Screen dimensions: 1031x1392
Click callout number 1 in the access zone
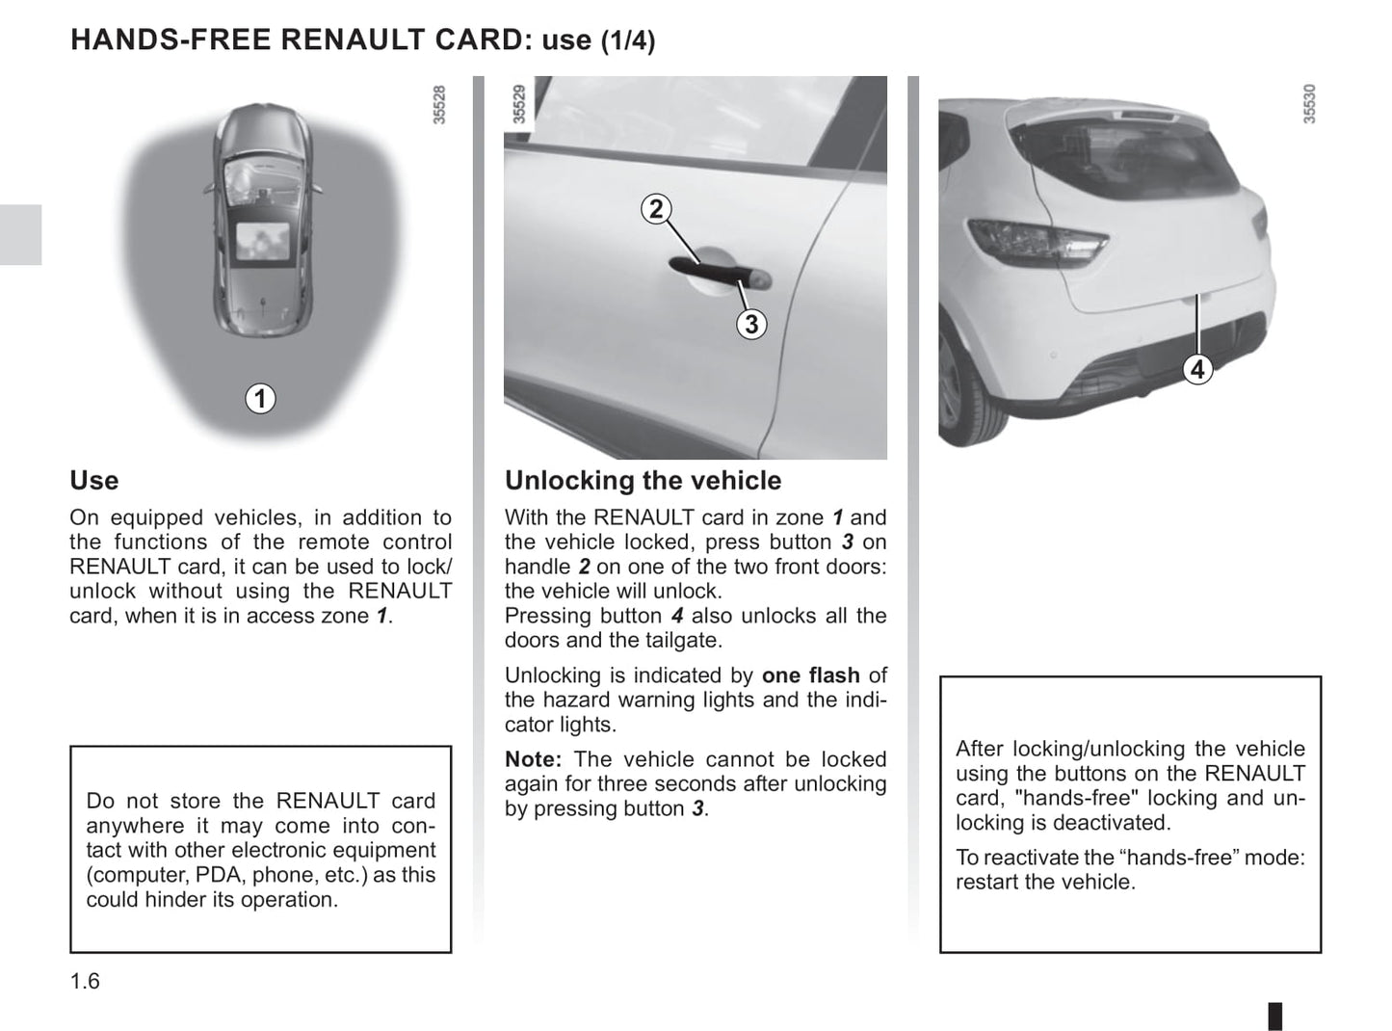(x=260, y=398)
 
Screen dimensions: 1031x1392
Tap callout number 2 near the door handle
(x=656, y=209)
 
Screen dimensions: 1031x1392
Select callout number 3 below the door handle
(x=751, y=325)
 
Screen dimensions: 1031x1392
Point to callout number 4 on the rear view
(x=1196, y=369)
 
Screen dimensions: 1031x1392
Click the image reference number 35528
(x=439, y=105)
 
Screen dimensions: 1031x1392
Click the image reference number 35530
(x=1309, y=104)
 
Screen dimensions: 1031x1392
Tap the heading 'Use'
(x=94, y=481)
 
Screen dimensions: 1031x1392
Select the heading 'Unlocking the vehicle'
(x=643, y=481)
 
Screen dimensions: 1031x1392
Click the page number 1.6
(x=85, y=981)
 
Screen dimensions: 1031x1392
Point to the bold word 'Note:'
(x=533, y=759)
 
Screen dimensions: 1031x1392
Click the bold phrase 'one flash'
(x=810, y=675)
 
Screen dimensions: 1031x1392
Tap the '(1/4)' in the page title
(x=628, y=40)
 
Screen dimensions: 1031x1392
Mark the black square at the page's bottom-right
(x=1274, y=1016)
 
